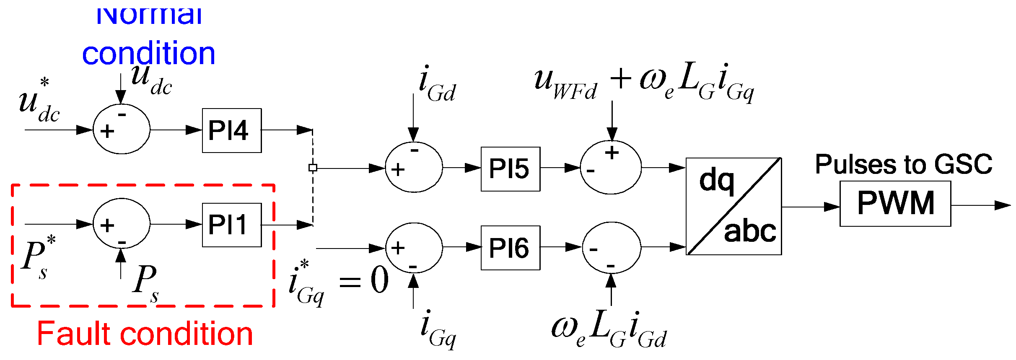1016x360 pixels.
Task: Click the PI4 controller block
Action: point(232,130)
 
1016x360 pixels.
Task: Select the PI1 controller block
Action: point(232,225)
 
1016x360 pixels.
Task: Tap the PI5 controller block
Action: point(510,169)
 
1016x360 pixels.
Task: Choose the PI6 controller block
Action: point(510,248)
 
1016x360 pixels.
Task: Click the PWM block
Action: point(895,204)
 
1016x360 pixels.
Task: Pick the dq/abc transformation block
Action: point(733,206)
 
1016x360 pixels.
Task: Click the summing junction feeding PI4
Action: point(121,129)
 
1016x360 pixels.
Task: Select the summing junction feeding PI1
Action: point(121,223)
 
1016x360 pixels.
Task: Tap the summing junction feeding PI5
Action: point(414,167)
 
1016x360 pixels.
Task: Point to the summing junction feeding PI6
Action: point(414,248)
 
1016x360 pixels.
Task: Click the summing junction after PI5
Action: point(611,168)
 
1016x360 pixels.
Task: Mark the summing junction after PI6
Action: point(612,248)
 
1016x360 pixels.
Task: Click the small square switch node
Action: point(313,168)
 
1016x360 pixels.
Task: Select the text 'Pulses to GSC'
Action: point(903,164)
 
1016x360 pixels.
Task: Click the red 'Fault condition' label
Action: point(145,334)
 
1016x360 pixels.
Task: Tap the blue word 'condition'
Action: point(148,54)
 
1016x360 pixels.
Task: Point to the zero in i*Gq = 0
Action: point(379,280)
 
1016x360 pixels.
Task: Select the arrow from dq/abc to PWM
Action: point(811,207)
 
